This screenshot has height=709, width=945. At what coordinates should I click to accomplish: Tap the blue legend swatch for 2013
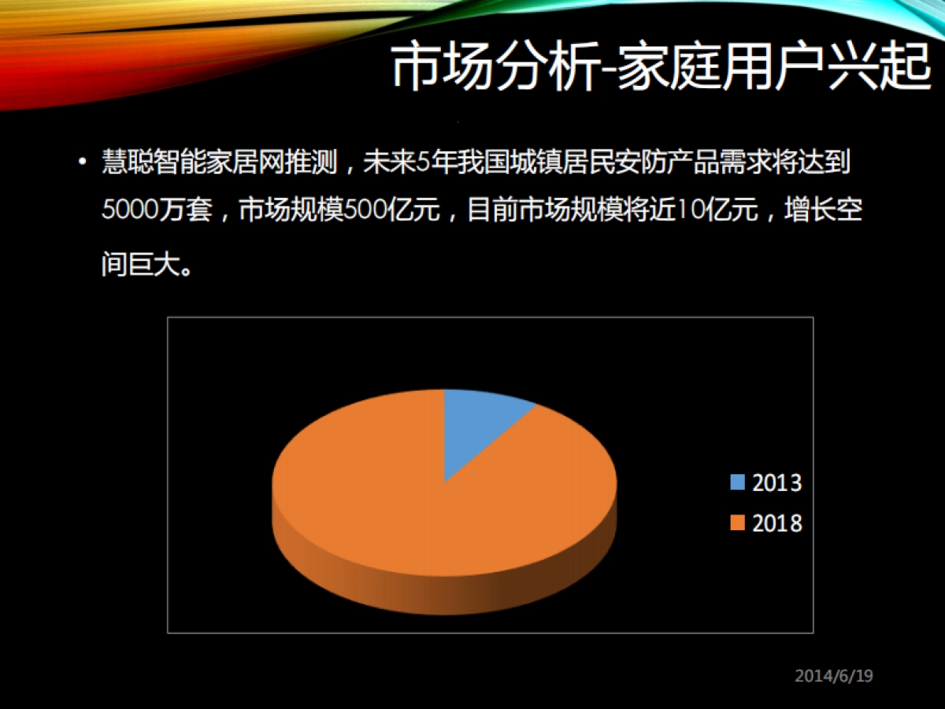tap(737, 482)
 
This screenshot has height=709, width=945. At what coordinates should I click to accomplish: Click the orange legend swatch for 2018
tap(737, 523)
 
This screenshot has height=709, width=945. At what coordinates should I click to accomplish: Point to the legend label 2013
tap(776, 482)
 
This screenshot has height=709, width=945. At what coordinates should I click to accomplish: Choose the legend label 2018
tap(776, 523)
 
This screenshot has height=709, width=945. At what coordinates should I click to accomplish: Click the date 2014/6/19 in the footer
tap(834, 675)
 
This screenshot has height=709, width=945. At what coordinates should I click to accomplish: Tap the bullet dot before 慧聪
tap(83, 163)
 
